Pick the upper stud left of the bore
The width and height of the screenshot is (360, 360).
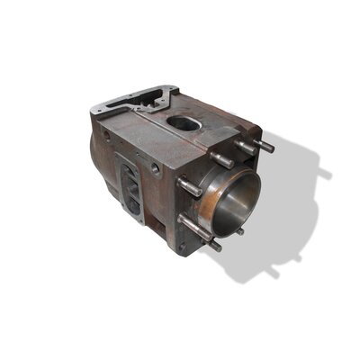coord(190,187)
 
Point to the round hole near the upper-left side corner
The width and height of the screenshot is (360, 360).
coord(106,135)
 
